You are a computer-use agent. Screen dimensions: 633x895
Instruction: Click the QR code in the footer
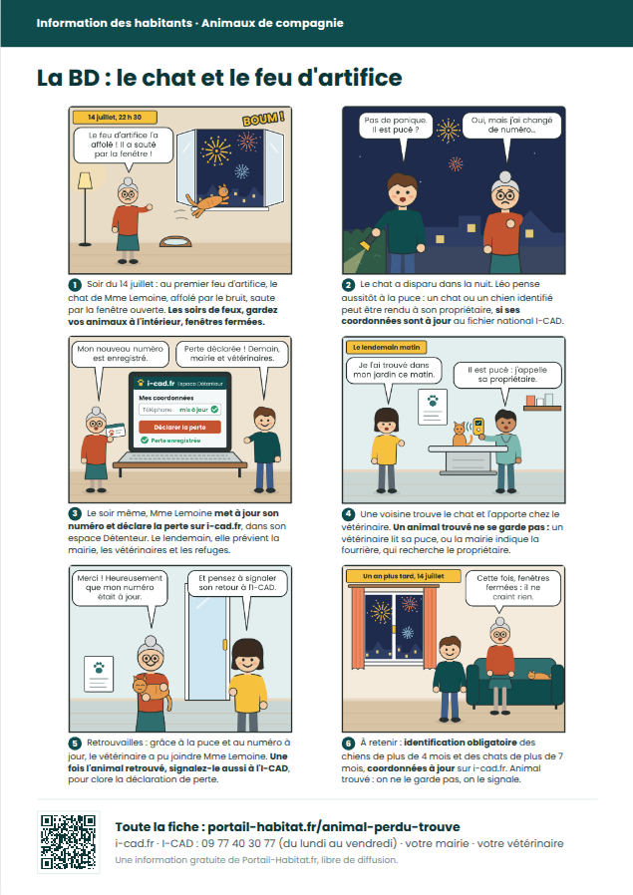coord(68,842)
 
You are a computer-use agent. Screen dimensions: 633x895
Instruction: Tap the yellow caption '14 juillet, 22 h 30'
coord(115,117)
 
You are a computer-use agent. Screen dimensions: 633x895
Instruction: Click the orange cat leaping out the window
coord(207,201)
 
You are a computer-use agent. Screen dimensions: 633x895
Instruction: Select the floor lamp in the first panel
coord(85,209)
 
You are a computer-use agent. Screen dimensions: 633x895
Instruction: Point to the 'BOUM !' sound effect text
coord(263,119)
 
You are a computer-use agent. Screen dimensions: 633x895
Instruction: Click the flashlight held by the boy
coord(365,245)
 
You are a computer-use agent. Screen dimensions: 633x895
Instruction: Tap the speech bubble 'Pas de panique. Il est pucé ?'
coord(395,125)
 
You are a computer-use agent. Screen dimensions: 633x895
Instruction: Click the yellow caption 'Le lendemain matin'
coord(386,347)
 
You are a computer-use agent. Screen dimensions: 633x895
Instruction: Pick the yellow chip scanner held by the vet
coord(478,427)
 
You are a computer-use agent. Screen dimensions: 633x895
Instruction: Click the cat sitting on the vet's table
coord(461,434)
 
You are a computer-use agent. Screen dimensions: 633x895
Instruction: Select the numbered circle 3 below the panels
coord(75,514)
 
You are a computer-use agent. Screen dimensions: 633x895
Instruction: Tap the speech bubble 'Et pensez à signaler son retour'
coord(237,583)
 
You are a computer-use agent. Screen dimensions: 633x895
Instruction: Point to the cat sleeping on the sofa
coord(538,676)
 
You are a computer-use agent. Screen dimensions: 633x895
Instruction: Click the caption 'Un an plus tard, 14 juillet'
coord(404,576)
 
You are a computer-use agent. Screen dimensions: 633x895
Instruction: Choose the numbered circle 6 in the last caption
coord(348,744)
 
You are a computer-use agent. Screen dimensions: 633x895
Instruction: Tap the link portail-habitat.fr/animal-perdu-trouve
coord(334,826)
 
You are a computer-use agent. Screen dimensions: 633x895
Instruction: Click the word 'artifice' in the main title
coord(360,78)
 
